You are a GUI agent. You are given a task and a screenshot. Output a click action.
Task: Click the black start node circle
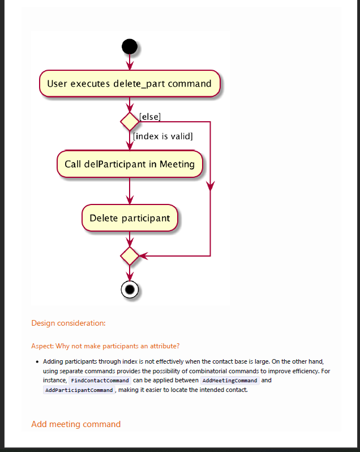[x=130, y=46]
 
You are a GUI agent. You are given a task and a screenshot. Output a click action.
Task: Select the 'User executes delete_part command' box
[x=129, y=84]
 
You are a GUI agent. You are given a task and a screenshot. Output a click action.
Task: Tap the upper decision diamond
[x=130, y=121]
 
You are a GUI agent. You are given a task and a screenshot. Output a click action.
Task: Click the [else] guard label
[x=150, y=117]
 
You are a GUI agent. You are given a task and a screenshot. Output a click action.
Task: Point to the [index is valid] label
[x=163, y=136]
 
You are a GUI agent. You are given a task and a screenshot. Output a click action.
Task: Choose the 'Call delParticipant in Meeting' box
[x=130, y=164]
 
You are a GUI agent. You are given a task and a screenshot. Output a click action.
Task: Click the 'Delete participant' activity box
[x=130, y=218]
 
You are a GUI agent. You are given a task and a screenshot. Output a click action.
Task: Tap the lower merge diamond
[x=130, y=256]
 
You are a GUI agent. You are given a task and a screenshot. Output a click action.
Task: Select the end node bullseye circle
[x=130, y=289]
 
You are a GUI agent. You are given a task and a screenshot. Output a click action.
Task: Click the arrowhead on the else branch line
[x=211, y=186]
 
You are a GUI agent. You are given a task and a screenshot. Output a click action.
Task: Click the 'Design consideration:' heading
[x=68, y=323]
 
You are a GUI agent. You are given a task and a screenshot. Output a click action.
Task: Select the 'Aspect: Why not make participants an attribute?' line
[x=106, y=346]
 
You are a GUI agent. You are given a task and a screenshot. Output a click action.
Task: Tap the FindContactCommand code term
[x=100, y=381]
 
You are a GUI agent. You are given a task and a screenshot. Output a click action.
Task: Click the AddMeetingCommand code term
[x=230, y=381]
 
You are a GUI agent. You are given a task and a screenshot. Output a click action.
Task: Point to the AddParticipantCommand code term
[x=79, y=390]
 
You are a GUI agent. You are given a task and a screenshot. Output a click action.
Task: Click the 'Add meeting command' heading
[x=76, y=424]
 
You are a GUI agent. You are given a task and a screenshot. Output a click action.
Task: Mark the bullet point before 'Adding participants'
[x=37, y=361]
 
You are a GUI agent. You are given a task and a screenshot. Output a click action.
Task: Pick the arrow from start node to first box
[x=130, y=62]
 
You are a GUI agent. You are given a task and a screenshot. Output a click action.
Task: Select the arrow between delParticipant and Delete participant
[x=130, y=191]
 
